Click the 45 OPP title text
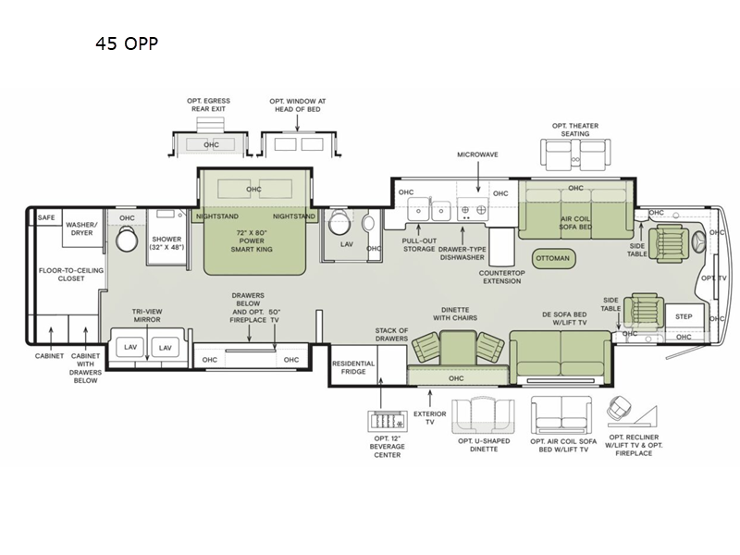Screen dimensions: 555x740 click(127, 43)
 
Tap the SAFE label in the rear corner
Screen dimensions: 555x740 click(46, 217)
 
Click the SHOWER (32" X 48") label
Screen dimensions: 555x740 click(167, 243)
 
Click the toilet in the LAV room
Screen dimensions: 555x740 click(339, 223)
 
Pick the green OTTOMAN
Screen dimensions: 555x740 click(552, 258)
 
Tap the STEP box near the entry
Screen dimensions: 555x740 click(684, 316)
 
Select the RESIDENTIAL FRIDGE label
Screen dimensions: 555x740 click(352, 368)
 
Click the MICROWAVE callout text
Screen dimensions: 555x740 click(477, 154)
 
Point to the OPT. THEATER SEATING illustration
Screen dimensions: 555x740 click(573, 154)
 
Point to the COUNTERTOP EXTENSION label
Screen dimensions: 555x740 click(500, 277)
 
